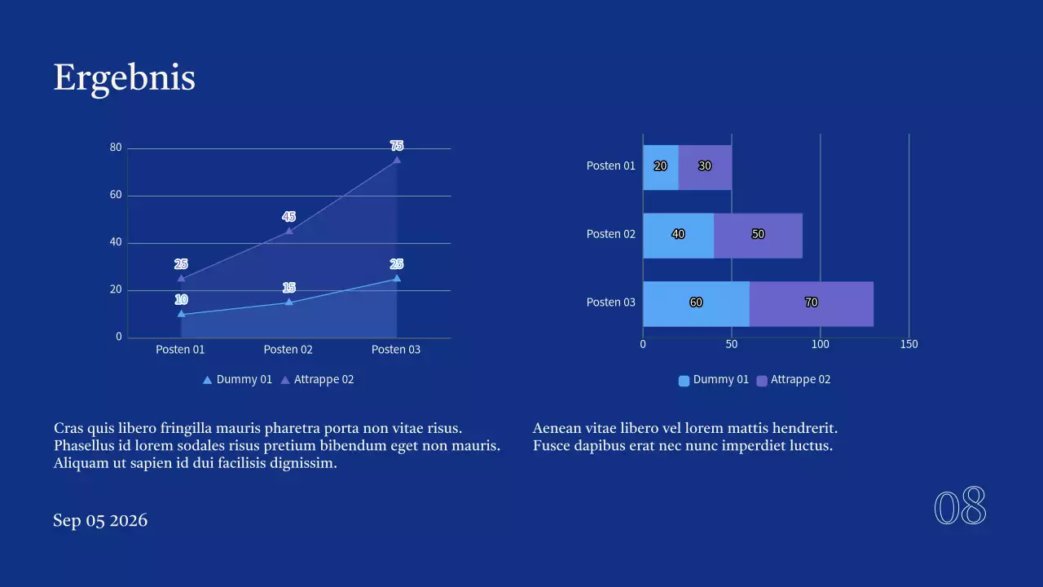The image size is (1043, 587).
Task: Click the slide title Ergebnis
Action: coord(124,78)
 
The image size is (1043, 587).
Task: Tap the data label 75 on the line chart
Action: coord(397,146)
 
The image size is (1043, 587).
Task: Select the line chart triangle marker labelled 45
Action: coord(288,231)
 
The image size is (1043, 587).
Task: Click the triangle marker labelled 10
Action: coord(181,314)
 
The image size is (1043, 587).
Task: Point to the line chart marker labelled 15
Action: coord(288,302)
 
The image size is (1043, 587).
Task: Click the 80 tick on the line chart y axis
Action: coord(116,148)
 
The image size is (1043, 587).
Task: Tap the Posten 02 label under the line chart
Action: coord(288,350)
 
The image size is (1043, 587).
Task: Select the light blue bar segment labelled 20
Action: coord(660,166)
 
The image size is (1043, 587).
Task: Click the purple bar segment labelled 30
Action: coord(705,166)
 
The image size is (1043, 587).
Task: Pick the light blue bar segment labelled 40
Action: coord(678,235)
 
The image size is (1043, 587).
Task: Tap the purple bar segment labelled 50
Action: coord(758,235)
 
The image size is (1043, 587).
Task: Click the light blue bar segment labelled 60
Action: coord(696,303)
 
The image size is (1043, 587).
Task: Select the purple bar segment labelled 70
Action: coord(811,303)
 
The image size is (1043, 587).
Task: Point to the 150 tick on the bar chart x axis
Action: coord(909,345)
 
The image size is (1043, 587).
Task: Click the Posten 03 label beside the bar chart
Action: coord(610,303)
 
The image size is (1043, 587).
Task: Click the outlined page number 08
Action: coord(960,508)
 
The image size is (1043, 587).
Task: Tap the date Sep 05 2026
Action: coord(100,521)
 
